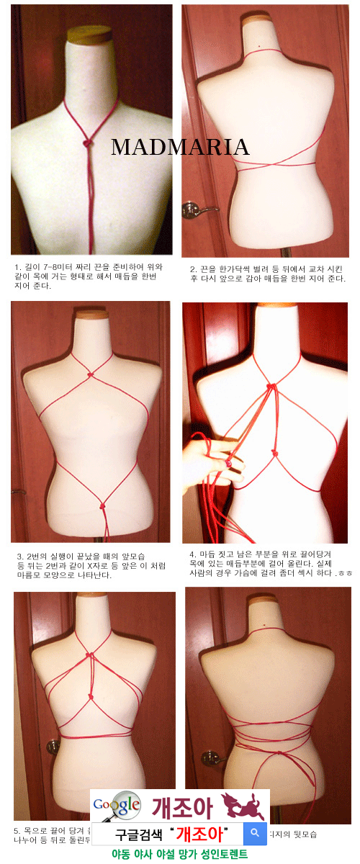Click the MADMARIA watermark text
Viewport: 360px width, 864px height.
[x=180, y=148]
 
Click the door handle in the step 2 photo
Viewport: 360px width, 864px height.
[x=193, y=210]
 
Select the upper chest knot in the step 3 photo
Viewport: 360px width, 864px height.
[x=90, y=374]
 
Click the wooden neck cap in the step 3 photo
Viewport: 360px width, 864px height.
[x=92, y=314]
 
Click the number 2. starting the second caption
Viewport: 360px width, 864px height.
[x=193, y=269]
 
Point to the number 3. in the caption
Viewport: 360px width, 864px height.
[x=19, y=557]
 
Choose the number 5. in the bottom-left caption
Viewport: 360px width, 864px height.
[x=18, y=831]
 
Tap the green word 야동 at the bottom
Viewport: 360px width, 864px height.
[x=121, y=855]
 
